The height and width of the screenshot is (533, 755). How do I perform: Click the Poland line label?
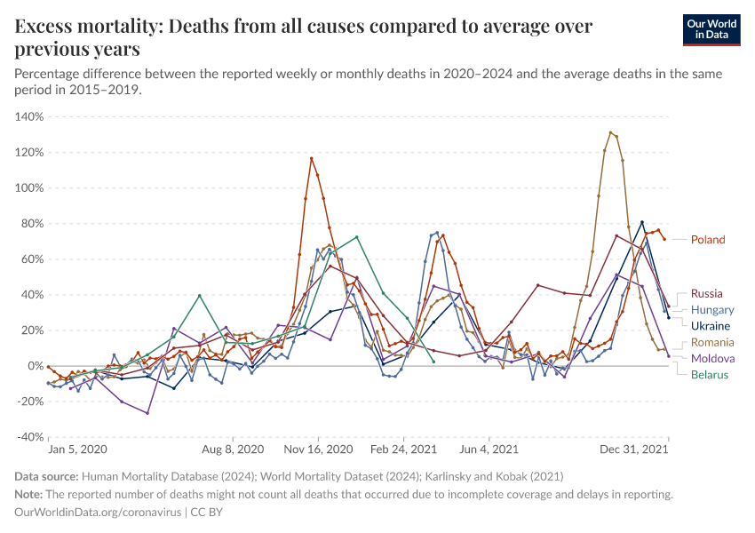point(708,240)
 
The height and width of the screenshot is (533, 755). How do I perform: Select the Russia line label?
point(706,294)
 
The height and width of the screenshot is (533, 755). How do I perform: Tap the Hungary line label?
point(711,310)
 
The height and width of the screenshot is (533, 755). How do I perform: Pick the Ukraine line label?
point(710,326)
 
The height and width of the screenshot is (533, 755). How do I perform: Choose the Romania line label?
point(712,343)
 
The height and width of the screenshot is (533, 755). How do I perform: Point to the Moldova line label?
point(712,359)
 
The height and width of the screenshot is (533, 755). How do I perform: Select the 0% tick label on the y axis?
point(36,366)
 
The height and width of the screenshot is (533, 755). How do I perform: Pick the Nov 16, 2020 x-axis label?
point(319,449)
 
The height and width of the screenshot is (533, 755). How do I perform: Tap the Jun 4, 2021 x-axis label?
point(487,449)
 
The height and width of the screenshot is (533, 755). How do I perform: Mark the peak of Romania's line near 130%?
point(610,133)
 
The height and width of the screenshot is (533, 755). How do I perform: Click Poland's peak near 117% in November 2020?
point(312,159)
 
